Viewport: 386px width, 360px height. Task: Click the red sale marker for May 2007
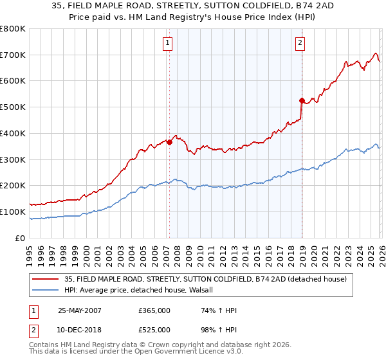(x=170, y=143)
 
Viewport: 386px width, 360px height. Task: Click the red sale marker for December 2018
(x=301, y=100)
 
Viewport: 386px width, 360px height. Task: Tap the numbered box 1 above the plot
(x=167, y=43)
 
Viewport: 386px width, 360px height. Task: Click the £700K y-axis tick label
(x=13, y=55)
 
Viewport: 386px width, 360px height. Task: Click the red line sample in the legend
(x=47, y=279)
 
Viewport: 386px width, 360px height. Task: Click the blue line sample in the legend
(x=47, y=290)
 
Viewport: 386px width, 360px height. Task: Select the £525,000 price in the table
(x=154, y=330)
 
